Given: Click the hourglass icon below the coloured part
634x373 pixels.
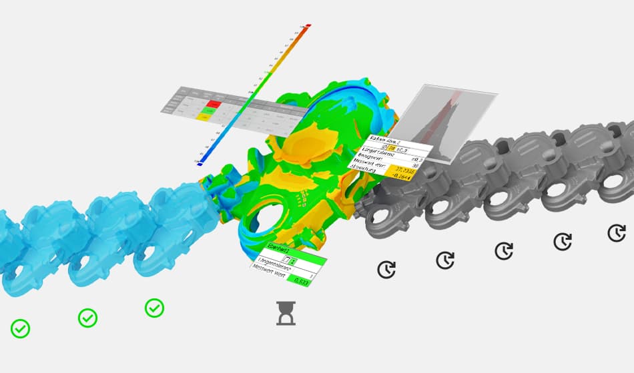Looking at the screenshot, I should (286, 313).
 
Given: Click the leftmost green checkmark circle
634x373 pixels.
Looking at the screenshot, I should (20, 328).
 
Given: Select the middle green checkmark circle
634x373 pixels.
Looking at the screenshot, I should (87, 318).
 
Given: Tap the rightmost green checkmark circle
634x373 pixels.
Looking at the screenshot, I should (154, 308).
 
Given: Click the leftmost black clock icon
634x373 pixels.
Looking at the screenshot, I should (386, 269).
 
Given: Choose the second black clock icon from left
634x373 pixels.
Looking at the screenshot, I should (445, 260).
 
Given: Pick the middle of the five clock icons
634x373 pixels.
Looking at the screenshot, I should (504, 250).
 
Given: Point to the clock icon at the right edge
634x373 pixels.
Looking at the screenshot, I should (617, 232).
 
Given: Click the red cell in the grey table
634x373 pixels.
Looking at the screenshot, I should (214, 104).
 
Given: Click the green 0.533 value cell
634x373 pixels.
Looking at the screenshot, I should (304, 281).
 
